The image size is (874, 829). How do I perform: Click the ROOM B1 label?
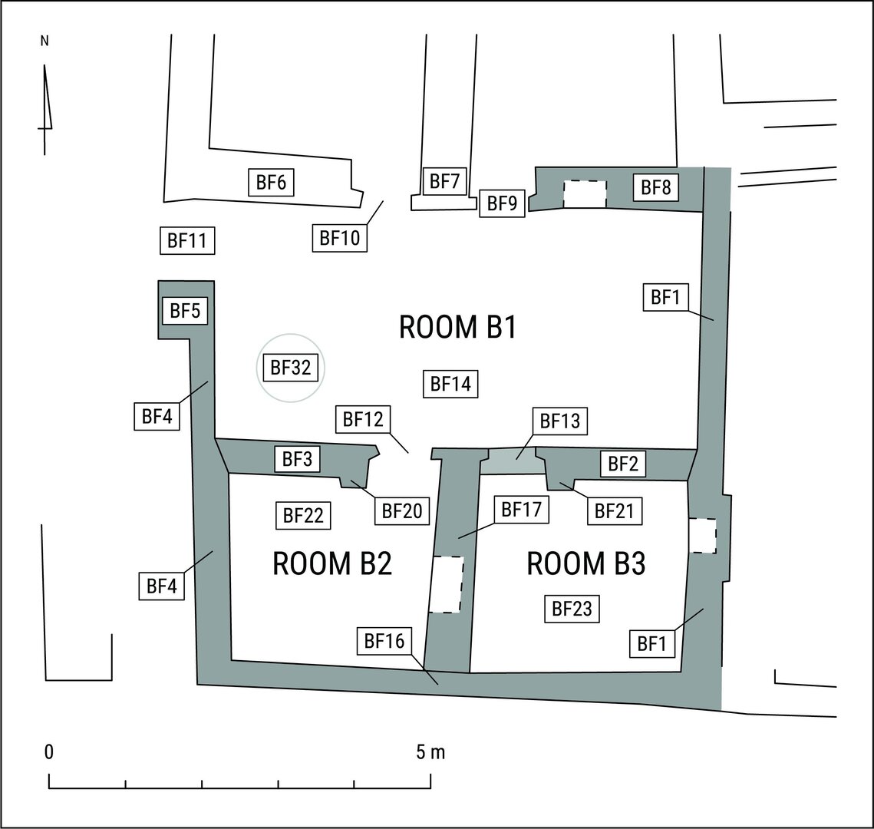[x=457, y=327]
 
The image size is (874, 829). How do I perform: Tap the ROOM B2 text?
[x=332, y=563]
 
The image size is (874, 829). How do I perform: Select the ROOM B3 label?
[x=585, y=563]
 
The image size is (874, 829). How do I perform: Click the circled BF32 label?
[x=290, y=368]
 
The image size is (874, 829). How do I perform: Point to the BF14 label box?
[x=450, y=384]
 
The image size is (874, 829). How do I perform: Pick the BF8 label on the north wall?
[x=655, y=187]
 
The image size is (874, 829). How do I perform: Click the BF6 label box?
[x=271, y=182]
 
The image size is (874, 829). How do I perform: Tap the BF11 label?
[x=187, y=240]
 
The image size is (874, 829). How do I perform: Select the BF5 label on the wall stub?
[x=185, y=310]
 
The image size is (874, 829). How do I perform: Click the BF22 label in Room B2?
[x=303, y=515]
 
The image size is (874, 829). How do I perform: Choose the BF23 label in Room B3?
[x=572, y=608]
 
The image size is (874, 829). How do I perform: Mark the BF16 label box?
[x=384, y=641]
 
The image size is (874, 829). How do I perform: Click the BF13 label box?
[x=560, y=421]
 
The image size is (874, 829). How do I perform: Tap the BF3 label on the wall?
[x=297, y=459]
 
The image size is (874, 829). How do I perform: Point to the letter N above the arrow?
[x=45, y=41]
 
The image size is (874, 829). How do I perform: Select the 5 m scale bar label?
[x=430, y=752]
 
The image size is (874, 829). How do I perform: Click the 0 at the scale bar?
[x=49, y=752]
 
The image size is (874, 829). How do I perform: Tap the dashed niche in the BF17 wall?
[x=447, y=585]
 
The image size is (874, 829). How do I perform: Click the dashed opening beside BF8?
[x=585, y=194]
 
